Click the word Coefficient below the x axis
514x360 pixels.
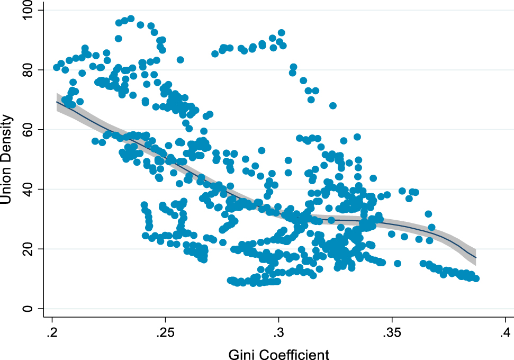coord(293,353)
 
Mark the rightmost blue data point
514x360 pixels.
coord(475,278)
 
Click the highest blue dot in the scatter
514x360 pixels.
coord(131,19)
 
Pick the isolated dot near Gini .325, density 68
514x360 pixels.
coord(333,105)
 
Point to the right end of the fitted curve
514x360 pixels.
coord(476,257)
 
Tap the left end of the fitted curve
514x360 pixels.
coord(56,102)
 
